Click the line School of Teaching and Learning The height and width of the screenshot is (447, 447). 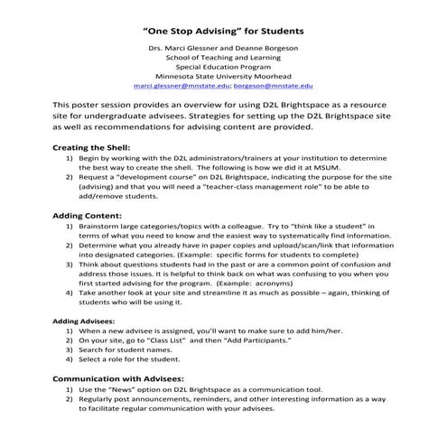click(x=223, y=55)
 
